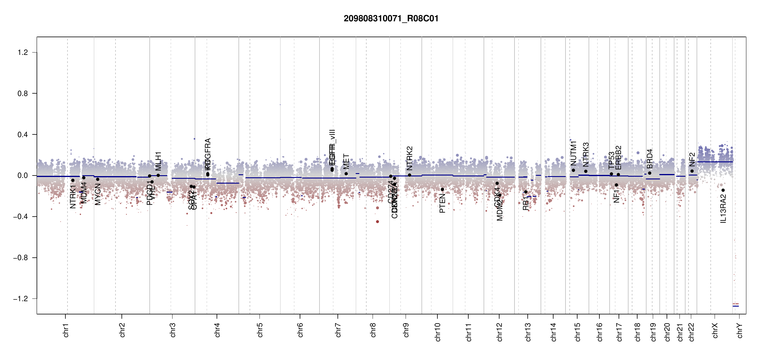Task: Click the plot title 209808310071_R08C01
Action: click(x=391, y=19)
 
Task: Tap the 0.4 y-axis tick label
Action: click(x=23, y=134)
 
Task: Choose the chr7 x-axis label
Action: click(x=338, y=330)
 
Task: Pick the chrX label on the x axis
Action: click(x=715, y=330)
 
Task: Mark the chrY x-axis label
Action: click(x=740, y=330)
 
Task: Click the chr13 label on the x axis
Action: click(x=528, y=332)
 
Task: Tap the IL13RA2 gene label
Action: click(x=723, y=208)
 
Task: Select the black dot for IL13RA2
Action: click(x=723, y=190)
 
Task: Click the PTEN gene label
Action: click(x=442, y=203)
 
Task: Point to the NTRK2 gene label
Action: click(x=409, y=158)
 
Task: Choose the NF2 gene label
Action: click(x=692, y=159)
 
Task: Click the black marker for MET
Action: click(x=346, y=174)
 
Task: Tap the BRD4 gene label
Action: click(x=649, y=159)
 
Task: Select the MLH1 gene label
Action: click(x=158, y=161)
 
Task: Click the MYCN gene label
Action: click(x=98, y=194)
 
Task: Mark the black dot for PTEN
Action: click(x=442, y=189)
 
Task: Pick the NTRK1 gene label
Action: click(x=73, y=196)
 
